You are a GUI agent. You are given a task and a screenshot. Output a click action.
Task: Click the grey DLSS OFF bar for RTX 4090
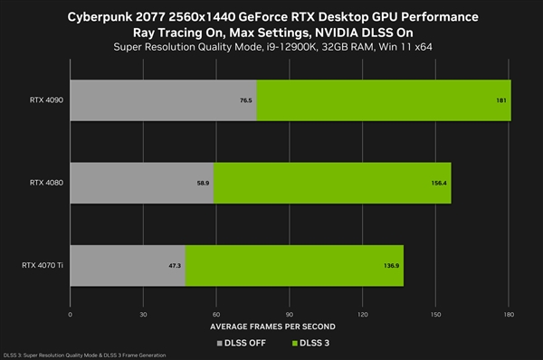[x=163, y=99]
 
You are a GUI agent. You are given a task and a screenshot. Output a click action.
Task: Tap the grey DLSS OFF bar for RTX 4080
[x=140, y=183]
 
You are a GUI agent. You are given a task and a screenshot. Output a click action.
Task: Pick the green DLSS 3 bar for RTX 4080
[x=331, y=183]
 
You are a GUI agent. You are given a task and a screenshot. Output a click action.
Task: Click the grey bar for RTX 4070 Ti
[x=127, y=266]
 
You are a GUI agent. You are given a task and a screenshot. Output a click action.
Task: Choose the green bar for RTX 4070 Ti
[x=294, y=266]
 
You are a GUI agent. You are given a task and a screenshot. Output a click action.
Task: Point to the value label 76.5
[x=245, y=100]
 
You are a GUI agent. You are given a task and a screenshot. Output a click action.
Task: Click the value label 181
[x=500, y=100]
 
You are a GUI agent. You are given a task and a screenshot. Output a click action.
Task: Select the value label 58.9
[x=203, y=184]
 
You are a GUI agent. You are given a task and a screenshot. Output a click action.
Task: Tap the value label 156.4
[x=439, y=184]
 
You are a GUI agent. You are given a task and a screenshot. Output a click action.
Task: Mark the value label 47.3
[x=175, y=267]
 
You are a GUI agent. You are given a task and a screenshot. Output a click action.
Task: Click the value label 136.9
[x=391, y=267]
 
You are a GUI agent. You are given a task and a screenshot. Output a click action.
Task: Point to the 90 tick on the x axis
[x=289, y=315]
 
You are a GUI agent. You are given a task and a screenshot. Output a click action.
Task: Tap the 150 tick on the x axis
[x=435, y=315]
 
